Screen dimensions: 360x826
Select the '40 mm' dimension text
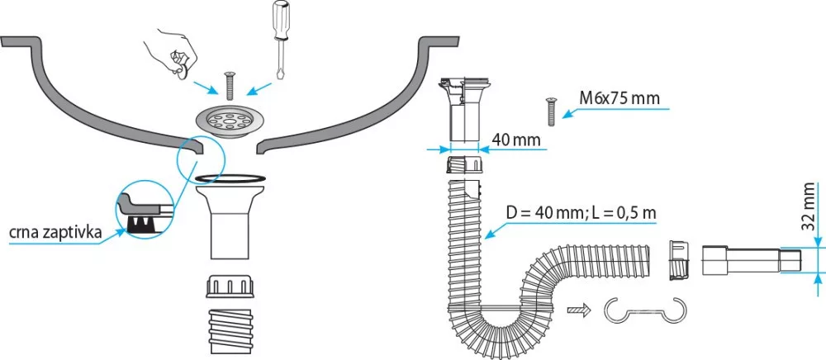[517, 140]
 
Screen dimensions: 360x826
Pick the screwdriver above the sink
[281, 37]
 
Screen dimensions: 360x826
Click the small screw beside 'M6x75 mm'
[548, 110]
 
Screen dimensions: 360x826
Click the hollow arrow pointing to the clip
[579, 310]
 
